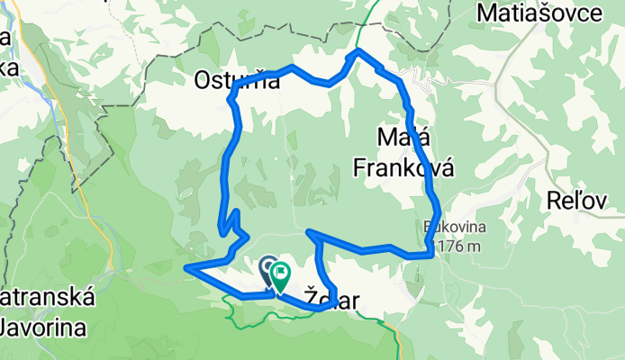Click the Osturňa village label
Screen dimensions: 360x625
[237, 81]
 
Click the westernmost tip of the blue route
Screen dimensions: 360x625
[186, 268]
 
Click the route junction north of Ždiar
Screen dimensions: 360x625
[311, 233]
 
